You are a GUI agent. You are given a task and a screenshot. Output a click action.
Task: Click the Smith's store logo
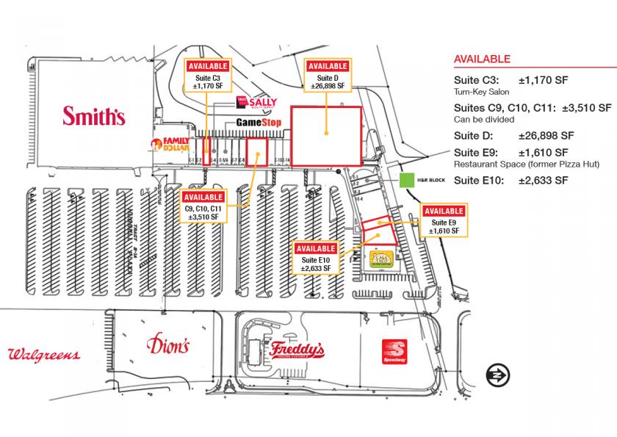pyautogui.click(x=94, y=115)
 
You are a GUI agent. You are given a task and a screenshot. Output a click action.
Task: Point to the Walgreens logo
pyautogui.click(x=43, y=355)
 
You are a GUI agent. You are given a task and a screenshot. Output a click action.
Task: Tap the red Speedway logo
pyautogui.click(x=397, y=353)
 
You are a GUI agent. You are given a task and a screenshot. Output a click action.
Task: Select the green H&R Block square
pyautogui.click(x=406, y=180)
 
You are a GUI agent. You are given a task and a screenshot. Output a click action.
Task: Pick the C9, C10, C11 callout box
pyautogui.click(x=203, y=207)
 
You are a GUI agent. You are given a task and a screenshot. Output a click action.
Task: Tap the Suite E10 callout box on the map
pyautogui.click(x=316, y=259)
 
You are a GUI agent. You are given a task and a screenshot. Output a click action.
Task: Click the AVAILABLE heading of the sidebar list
pyautogui.click(x=483, y=59)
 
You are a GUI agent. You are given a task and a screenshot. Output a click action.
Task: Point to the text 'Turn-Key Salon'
pyautogui.click(x=483, y=92)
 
